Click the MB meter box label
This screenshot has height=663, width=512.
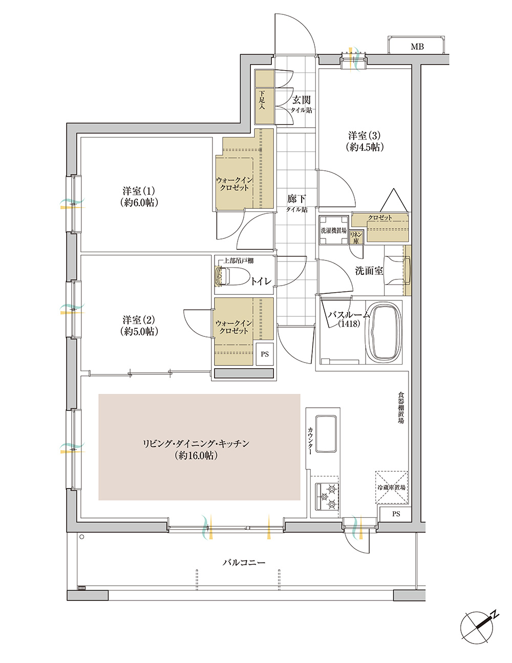(417, 47)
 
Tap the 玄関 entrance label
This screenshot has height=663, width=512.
(301, 100)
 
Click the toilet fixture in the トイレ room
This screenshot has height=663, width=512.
(232, 276)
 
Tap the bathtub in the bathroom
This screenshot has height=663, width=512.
(386, 333)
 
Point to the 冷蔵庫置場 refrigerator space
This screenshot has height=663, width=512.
(391, 488)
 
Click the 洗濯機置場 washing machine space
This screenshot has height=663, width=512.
(333, 231)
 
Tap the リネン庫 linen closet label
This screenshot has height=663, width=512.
(356, 238)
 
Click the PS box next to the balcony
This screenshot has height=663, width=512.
(396, 514)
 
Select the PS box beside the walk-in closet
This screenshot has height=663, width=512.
(264, 354)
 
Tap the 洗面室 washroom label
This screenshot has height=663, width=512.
(369, 271)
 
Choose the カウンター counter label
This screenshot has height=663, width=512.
(310, 440)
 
